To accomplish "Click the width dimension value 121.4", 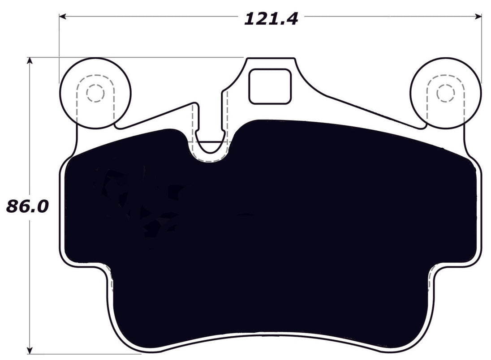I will pos(271,18).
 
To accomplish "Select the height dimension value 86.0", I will pos(27,206).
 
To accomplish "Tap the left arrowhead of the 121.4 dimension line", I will pos(63,17).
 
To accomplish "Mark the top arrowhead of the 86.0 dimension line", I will pos(30,61).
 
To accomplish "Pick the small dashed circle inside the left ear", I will pos(95,93).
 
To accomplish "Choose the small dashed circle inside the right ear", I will pos(445,93).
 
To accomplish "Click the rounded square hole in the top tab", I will pos(270,86).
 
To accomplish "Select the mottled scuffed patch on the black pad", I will pos(134,201).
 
